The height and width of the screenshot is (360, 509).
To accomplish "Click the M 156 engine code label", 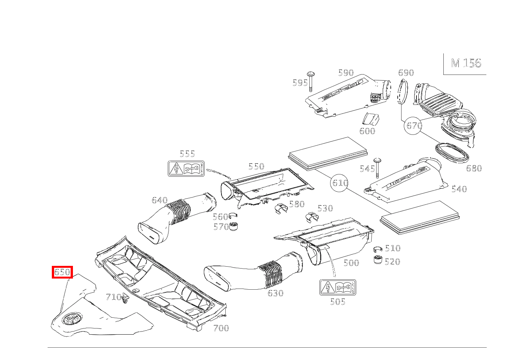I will [x=466, y=63].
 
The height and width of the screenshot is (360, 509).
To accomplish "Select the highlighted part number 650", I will [x=62, y=272].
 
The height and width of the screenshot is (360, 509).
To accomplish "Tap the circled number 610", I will [x=340, y=183].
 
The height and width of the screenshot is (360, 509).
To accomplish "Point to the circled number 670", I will [x=414, y=126].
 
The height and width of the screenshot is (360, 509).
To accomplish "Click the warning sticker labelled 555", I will [x=186, y=169].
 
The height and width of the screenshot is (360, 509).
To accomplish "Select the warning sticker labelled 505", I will [x=337, y=287].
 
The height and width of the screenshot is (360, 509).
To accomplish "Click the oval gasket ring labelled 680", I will [x=452, y=152].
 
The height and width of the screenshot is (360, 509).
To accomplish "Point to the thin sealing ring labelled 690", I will [x=401, y=92].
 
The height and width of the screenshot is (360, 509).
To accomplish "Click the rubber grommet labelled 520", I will [x=378, y=260].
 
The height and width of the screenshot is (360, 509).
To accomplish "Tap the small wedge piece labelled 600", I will [x=371, y=119].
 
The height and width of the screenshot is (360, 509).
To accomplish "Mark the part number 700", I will [x=221, y=328].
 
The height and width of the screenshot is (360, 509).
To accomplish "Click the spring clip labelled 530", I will [x=311, y=217].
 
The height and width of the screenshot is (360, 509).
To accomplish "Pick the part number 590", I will [x=345, y=73].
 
